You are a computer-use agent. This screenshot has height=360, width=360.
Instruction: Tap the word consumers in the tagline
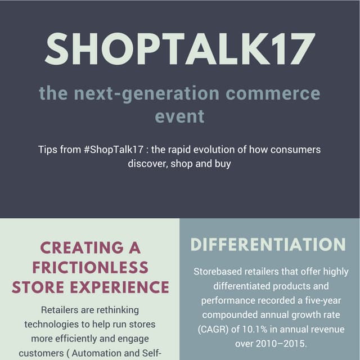[298, 150]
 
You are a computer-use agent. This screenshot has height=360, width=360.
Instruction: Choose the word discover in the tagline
[147, 164]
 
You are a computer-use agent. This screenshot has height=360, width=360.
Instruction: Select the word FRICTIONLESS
[90, 267]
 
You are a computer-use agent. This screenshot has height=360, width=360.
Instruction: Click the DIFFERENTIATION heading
[268, 245]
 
